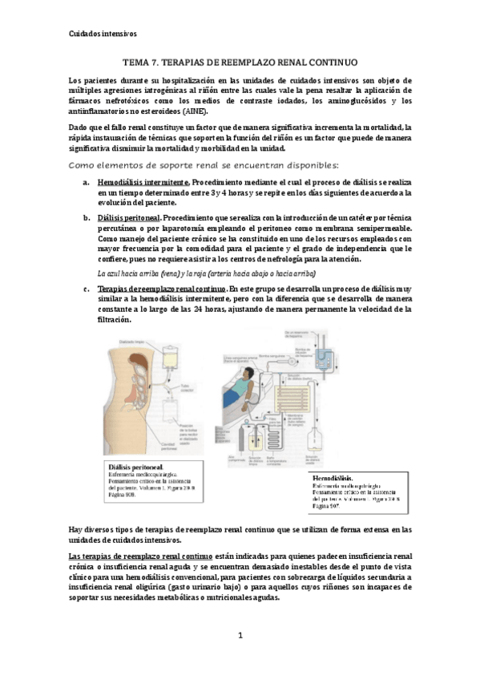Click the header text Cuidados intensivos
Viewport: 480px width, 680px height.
99,34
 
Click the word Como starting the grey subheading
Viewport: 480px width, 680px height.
83,165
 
